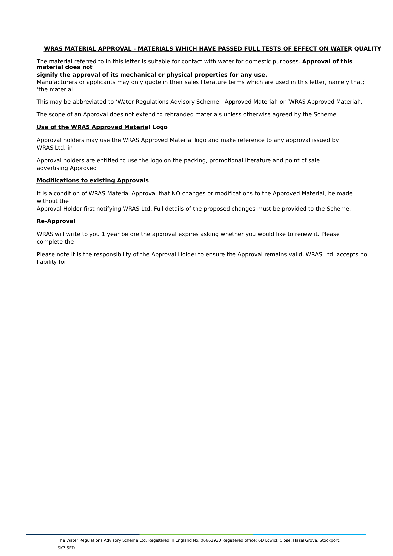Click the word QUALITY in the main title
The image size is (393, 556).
[368, 49]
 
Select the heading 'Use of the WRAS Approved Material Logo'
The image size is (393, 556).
[102, 127]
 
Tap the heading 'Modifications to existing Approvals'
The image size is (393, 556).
[92, 181]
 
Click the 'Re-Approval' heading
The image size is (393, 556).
[56, 221]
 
